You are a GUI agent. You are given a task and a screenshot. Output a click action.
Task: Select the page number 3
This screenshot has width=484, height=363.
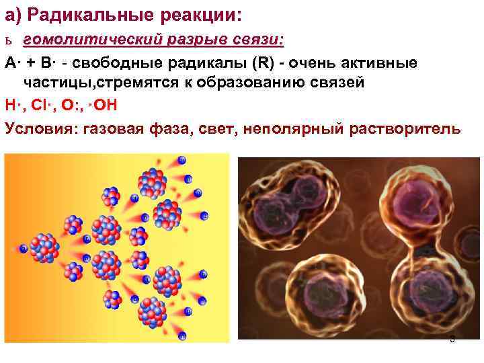pos(452,339)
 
